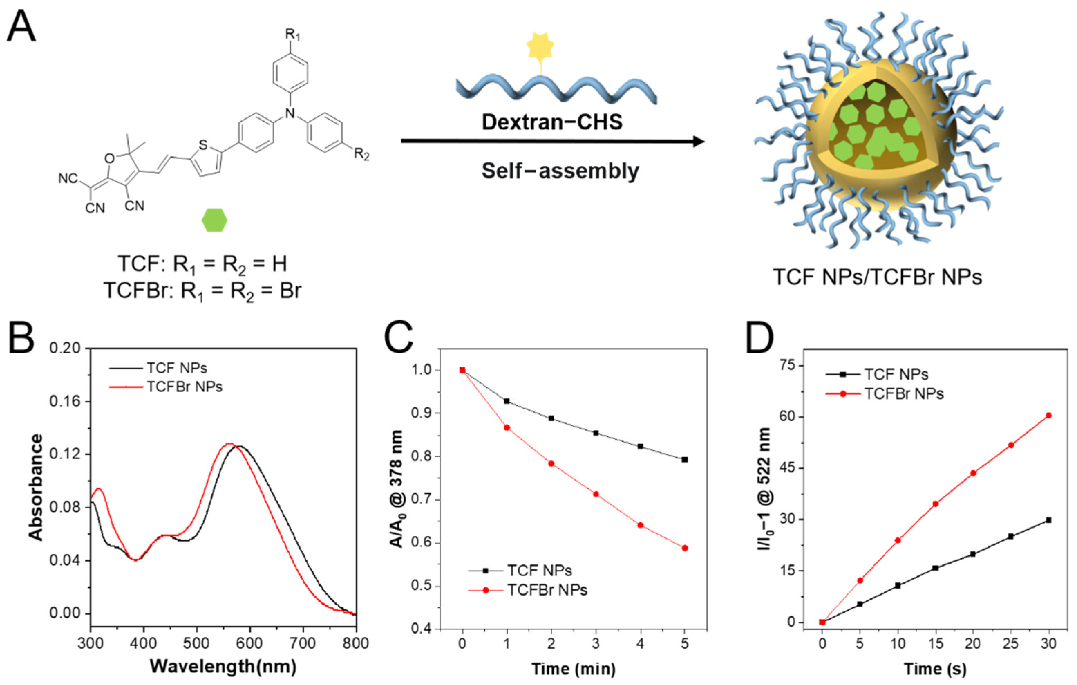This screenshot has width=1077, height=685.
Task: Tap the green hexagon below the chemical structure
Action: [x=215, y=220]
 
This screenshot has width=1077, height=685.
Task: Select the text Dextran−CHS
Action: [x=552, y=122]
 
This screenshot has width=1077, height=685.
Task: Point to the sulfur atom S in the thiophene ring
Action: [x=203, y=145]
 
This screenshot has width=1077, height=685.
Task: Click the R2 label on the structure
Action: [x=361, y=155]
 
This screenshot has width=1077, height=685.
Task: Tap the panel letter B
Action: [x=21, y=339]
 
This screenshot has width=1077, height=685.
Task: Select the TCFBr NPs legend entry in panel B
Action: [x=184, y=386]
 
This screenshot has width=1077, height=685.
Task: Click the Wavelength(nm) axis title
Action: [x=223, y=666]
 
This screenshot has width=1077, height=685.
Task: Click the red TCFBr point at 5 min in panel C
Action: [x=684, y=548]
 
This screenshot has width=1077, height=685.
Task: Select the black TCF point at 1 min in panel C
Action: [x=507, y=401]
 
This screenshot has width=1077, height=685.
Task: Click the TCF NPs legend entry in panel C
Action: [x=539, y=571]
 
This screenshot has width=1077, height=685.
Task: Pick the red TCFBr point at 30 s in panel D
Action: [x=1048, y=415]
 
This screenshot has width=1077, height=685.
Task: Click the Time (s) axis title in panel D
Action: [x=935, y=669]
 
